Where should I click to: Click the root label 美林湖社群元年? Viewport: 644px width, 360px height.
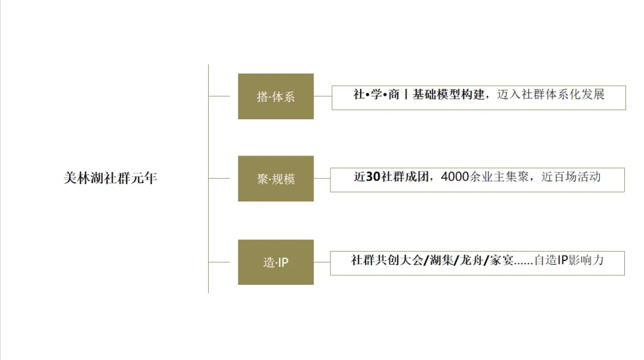(x=110, y=178)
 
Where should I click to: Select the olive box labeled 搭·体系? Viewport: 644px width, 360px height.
(x=275, y=97)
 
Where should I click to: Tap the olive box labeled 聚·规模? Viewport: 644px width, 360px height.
(x=275, y=179)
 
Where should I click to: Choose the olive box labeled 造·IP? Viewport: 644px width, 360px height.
(x=275, y=262)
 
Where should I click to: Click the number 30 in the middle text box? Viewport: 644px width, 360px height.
(x=373, y=177)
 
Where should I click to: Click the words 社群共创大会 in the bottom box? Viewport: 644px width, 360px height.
(x=386, y=260)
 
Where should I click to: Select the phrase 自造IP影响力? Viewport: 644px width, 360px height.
(x=569, y=260)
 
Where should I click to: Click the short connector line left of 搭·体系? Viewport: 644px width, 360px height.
(x=219, y=95)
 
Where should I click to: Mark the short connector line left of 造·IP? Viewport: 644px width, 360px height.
(x=219, y=262)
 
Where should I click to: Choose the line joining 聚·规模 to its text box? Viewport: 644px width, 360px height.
(x=321, y=178)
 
